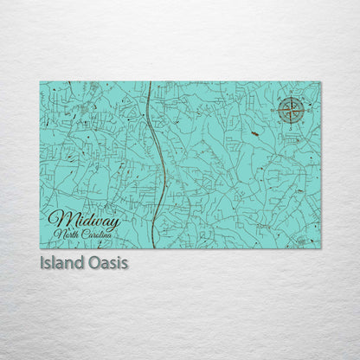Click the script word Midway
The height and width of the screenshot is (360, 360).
point(84,220)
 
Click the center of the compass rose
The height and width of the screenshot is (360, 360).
point(292,111)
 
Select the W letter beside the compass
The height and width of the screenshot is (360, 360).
point(276,111)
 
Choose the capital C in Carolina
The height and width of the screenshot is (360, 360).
point(87,235)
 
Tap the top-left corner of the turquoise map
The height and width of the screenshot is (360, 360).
point(40,82)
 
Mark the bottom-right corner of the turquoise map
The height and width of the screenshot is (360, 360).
point(320,248)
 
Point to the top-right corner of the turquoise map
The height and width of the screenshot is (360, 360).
point(320,82)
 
